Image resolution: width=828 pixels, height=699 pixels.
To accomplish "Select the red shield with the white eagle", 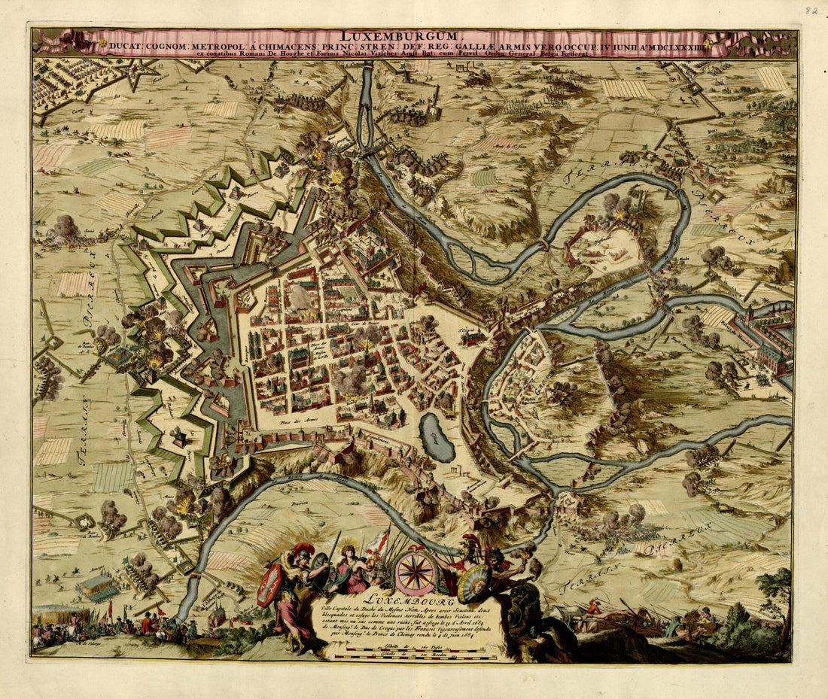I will [269, 583].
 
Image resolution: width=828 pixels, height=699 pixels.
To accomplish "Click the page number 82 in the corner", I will [811, 11].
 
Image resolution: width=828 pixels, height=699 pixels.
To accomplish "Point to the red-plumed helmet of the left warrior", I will [303, 550].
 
